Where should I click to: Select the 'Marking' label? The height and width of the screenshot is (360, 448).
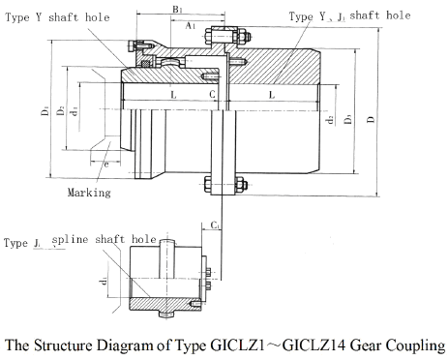(88, 193)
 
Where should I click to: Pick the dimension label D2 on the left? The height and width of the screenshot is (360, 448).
(61, 112)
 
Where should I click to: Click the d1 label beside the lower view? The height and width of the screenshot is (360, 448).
(105, 284)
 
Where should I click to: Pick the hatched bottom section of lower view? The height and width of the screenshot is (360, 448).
(155, 309)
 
